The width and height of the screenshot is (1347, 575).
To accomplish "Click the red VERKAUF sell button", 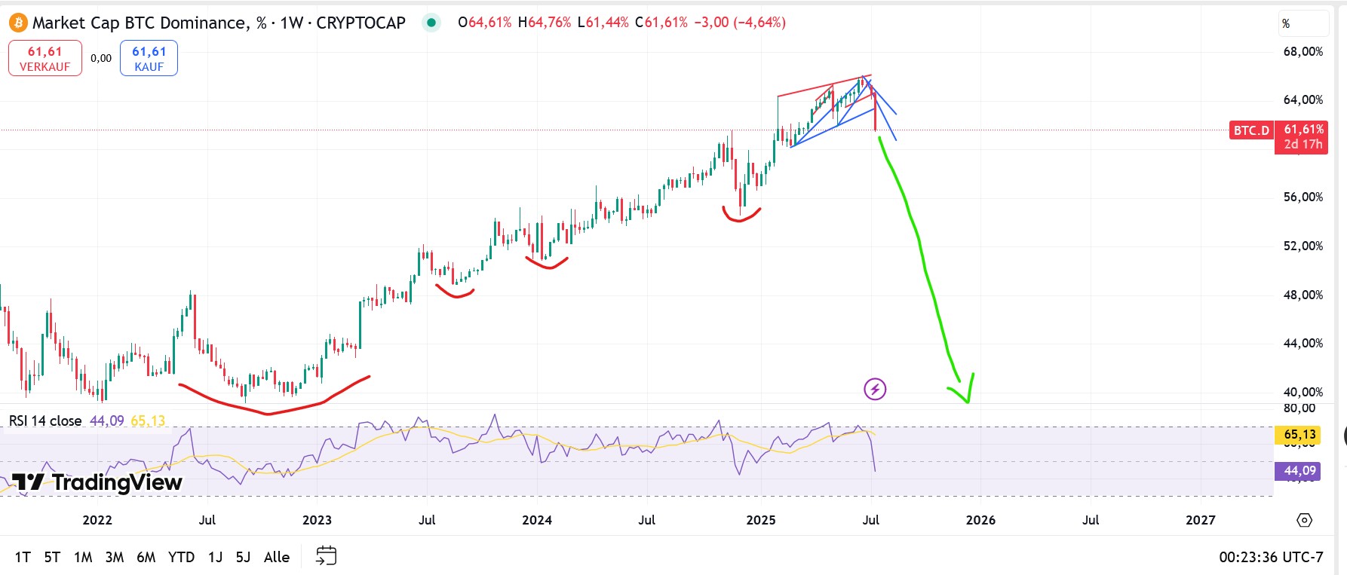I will (45, 59).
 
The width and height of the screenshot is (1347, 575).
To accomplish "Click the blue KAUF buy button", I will (149, 59).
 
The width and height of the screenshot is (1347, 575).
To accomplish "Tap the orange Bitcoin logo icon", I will (17, 23).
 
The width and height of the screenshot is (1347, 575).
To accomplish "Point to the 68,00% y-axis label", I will (1303, 51).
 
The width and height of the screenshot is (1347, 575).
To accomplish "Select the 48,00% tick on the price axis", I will (1303, 295).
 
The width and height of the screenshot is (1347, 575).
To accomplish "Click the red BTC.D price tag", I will (1251, 130).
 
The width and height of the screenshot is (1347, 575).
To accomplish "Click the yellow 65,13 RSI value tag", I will (1299, 434).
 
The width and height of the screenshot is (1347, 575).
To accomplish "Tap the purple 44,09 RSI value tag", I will (1299, 471).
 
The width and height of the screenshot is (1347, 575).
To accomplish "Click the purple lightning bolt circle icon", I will (875, 389).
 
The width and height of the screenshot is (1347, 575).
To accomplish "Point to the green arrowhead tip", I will (968, 402).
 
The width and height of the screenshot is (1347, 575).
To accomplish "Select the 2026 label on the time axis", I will (980, 520).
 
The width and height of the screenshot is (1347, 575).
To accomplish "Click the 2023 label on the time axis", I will (317, 520).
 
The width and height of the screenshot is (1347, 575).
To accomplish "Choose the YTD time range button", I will (181, 557).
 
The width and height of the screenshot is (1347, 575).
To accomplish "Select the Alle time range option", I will (277, 557).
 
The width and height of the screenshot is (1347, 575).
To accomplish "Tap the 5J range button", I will (243, 557).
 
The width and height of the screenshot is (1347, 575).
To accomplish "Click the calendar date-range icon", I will (326, 556).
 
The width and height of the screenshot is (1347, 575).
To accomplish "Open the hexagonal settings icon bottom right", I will (1304, 520).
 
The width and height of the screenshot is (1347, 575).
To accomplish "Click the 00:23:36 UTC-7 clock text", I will (1271, 557).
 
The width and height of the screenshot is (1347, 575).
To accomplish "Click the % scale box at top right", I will (1303, 23).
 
